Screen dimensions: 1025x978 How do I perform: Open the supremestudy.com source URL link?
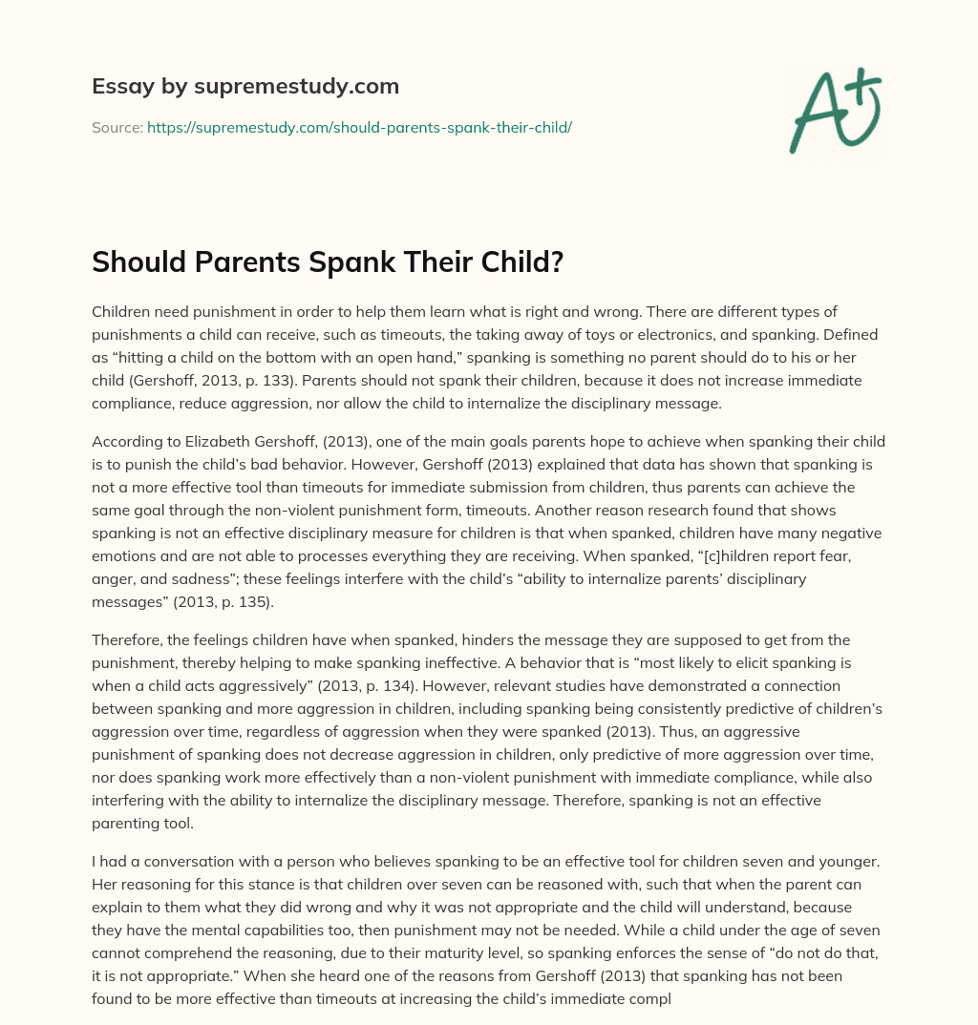pos(359,127)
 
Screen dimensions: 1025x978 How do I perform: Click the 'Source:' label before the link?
pos(117,127)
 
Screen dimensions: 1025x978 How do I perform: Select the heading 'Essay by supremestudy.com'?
pos(245,87)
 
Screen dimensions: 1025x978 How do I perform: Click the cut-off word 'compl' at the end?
pos(652,998)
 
